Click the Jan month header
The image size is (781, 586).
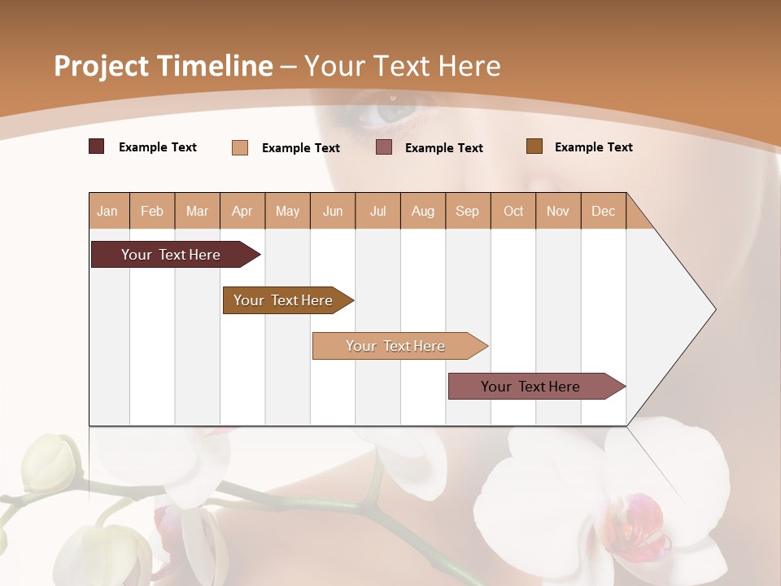click(107, 211)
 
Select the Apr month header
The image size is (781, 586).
click(242, 211)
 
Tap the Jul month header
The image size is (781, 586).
click(377, 211)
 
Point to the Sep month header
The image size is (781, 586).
click(467, 211)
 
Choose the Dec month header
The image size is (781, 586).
click(603, 211)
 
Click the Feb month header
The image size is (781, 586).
click(152, 211)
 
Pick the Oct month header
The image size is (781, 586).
click(513, 211)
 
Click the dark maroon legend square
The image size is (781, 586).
click(97, 146)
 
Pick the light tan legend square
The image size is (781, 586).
click(240, 147)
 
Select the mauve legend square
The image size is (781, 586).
click(384, 146)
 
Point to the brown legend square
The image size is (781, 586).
click(534, 146)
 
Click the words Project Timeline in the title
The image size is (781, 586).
click(164, 66)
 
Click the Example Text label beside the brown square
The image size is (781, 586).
click(593, 147)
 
